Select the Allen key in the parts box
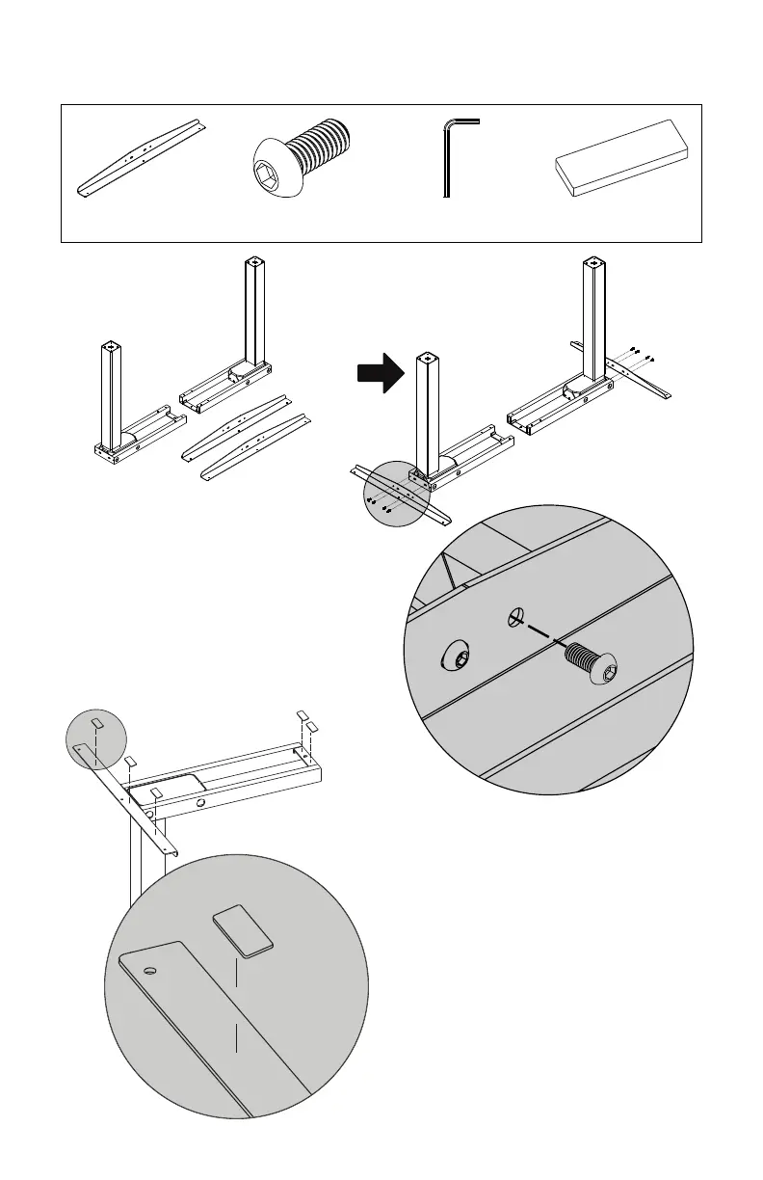[x=447, y=158]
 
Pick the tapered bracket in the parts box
[x=142, y=157]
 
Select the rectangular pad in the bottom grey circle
[x=242, y=930]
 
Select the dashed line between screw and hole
[x=542, y=635]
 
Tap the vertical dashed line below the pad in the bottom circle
[x=236, y=1003]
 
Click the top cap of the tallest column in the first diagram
[x=253, y=262]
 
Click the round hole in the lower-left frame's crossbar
[x=200, y=801]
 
